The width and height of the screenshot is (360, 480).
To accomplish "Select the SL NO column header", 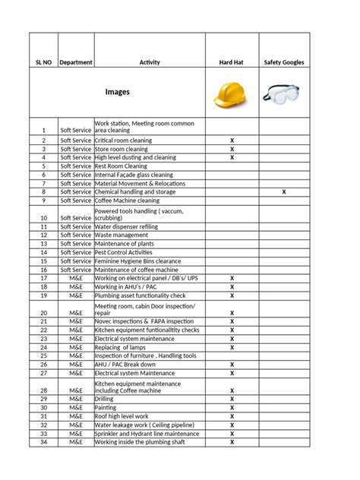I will coord(43,62).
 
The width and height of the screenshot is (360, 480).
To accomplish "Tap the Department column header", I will coord(76,62).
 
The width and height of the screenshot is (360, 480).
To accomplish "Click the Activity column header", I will coord(149,62).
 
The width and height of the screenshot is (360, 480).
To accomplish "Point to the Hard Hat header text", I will coord(232,62).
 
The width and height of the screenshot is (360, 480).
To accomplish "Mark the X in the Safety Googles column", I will coord(284,192).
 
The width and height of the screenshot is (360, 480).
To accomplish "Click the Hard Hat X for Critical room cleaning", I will coord(232,141).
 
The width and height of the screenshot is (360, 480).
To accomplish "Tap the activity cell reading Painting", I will coord(108,408).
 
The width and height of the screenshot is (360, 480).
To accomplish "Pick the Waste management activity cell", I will coord(122,235).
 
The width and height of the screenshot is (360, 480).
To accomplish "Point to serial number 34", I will coord(43,442).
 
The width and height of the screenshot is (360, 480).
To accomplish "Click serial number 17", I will coord(43,279).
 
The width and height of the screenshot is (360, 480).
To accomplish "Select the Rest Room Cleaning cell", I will coord(121,166).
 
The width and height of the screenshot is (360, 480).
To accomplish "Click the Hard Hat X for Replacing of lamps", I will coord(232,347).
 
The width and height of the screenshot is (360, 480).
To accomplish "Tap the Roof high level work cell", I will coord(122,416).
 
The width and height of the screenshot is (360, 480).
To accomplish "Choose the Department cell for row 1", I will coord(76,130).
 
